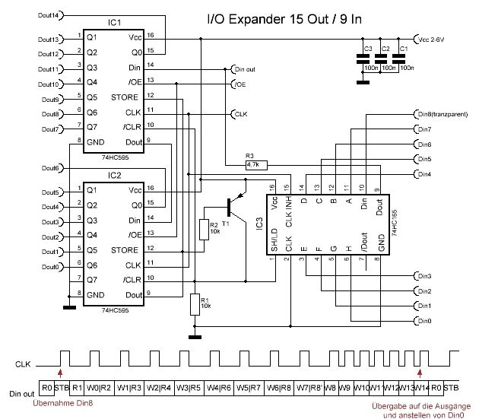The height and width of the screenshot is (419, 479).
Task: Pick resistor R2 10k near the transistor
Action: pos(203,230)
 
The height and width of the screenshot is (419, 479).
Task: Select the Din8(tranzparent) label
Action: pos(445,114)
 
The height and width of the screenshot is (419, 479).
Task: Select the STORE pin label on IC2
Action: pos(124,249)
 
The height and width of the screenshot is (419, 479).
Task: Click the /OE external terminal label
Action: pos(241,83)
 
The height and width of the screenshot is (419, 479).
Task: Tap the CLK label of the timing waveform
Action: pos(24,365)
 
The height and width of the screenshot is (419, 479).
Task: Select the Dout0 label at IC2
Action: pos(52,267)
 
